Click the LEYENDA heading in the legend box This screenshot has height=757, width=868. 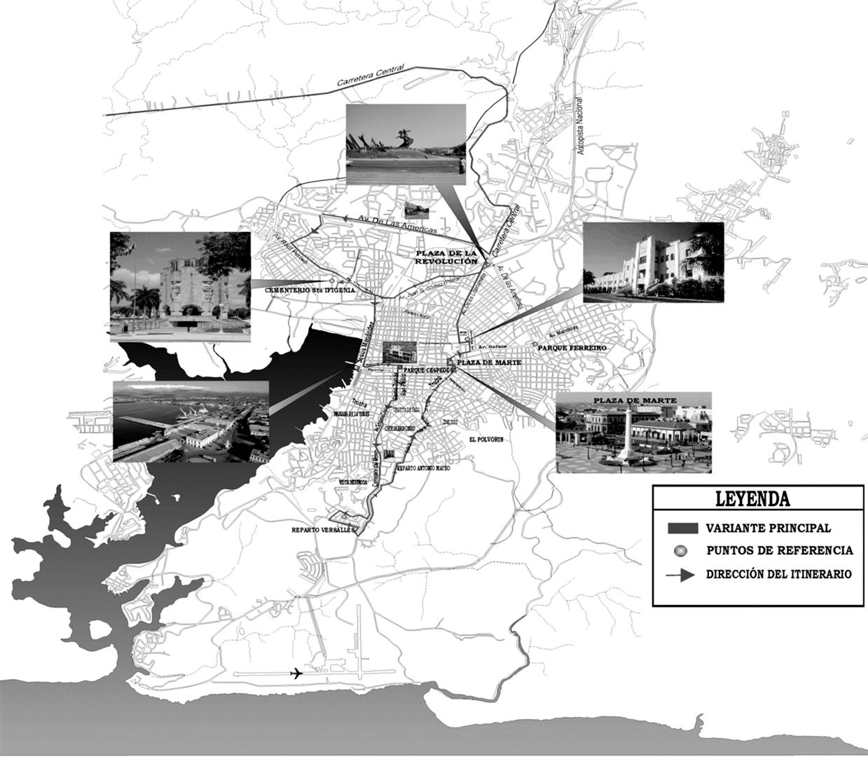point(752,499)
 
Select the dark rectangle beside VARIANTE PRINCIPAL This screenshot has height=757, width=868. point(683,528)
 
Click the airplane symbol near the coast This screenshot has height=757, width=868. point(296,674)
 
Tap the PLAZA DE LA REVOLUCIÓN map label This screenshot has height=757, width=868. point(446,257)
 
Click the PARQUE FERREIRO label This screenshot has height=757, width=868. point(572,348)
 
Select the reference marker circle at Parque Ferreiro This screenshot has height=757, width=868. point(535,344)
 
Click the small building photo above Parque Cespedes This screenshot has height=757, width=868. point(399,353)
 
